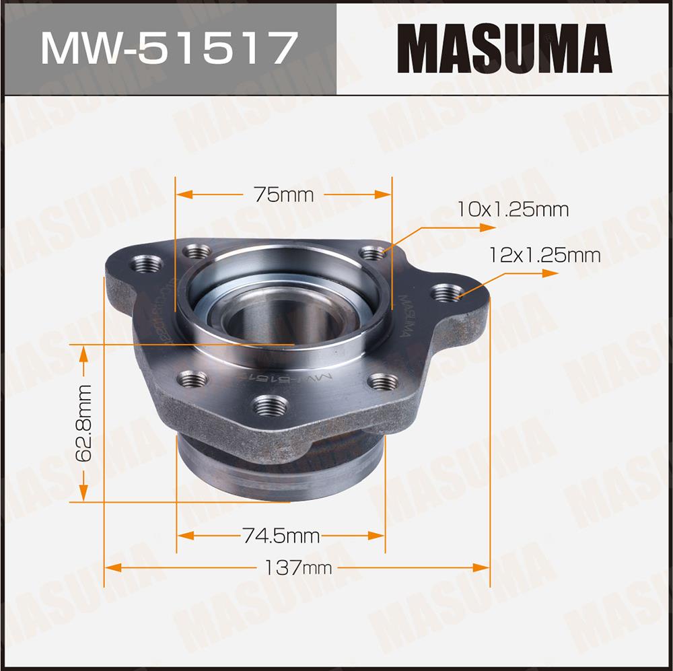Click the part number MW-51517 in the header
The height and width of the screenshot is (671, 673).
point(170,48)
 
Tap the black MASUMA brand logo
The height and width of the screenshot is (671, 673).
point(505,48)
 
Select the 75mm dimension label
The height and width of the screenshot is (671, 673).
point(283,195)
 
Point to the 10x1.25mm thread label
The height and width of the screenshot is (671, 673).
point(512,209)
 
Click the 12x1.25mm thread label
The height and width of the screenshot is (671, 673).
point(544,256)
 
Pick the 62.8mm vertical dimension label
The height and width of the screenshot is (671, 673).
point(83,423)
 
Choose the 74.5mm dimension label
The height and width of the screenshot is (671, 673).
point(281,535)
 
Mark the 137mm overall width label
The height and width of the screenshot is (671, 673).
point(298,567)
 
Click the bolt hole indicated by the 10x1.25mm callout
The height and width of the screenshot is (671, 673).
point(373,253)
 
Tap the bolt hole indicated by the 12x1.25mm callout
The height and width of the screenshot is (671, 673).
point(447,293)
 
